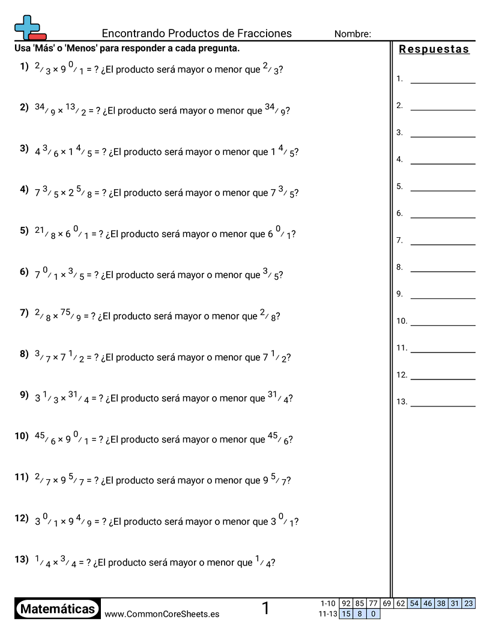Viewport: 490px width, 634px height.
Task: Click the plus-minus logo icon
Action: pyautogui.click(x=29, y=27)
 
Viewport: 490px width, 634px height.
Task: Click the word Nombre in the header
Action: pyautogui.click(x=352, y=34)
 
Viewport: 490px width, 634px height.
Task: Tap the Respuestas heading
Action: pyautogui.click(x=434, y=50)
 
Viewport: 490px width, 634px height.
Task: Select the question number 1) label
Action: pyautogui.click(x=24, y=67)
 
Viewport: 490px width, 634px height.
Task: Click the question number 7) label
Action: pyautogui.click(x=24, y=313)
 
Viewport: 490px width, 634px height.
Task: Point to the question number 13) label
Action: pyautogui.click(x=22, y=560)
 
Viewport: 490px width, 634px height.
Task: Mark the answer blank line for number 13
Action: pyautogui.click(x=443, y=406)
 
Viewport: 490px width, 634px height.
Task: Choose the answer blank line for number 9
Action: pyautogui.click(x=443, y=298)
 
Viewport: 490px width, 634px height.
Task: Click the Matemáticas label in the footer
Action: pyautogui.click(x=58, y=609)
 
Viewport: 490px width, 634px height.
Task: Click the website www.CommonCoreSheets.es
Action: pyautogui.click(x=162, y=614)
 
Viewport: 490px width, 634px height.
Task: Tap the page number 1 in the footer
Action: pyautogui.click(x=265, y=609)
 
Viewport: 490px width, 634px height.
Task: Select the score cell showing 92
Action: pyautogui.click(x=346, y=603)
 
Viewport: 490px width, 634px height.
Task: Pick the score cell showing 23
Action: pyautogui.click(x=468, y=603)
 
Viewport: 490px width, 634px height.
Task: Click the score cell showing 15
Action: pyautogui.click(x=346, y=614)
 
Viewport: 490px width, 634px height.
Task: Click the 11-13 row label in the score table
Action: pyautogui.click(x=328, y=614)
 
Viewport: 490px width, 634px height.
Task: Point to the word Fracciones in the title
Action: pyautogui.click(x=263, y=34)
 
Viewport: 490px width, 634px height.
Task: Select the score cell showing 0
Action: pyautogui.click(x=373, y=614)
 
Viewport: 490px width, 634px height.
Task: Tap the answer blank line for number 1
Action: pyautogui.click(x=443, y=82)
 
